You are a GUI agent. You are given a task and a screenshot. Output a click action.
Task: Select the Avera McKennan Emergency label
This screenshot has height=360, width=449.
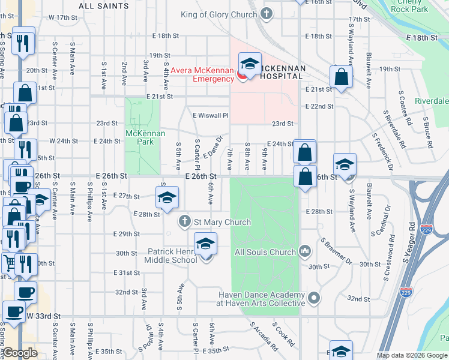tap(202, 74)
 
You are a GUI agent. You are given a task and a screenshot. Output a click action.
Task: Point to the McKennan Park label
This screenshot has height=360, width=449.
tap(140, 137)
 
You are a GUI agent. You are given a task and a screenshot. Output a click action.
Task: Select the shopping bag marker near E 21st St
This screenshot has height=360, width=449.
tap(341, 77)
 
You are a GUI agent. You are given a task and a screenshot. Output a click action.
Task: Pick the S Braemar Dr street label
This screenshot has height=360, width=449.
tap(336, 251)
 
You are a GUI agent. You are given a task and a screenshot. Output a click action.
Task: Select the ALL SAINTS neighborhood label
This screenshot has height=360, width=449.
tap(104, 6)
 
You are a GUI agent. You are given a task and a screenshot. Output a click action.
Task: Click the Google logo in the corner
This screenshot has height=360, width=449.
tap(20, 353)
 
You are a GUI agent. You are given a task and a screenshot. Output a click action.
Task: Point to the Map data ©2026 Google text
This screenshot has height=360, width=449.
tap(412, 355)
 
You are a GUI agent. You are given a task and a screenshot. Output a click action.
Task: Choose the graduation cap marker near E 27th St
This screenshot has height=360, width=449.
tap(167, 197)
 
